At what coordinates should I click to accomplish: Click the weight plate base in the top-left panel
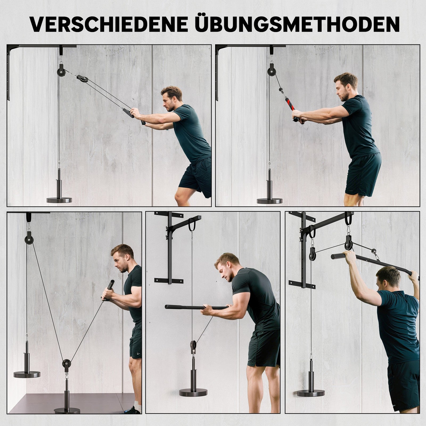[59, 200]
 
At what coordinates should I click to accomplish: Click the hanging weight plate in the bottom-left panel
[27, 375]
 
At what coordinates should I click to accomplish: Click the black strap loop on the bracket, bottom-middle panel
[191, 225]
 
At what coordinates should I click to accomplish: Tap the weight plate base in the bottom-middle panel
[193, 392]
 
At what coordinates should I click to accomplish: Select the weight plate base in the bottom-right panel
[311, 393]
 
